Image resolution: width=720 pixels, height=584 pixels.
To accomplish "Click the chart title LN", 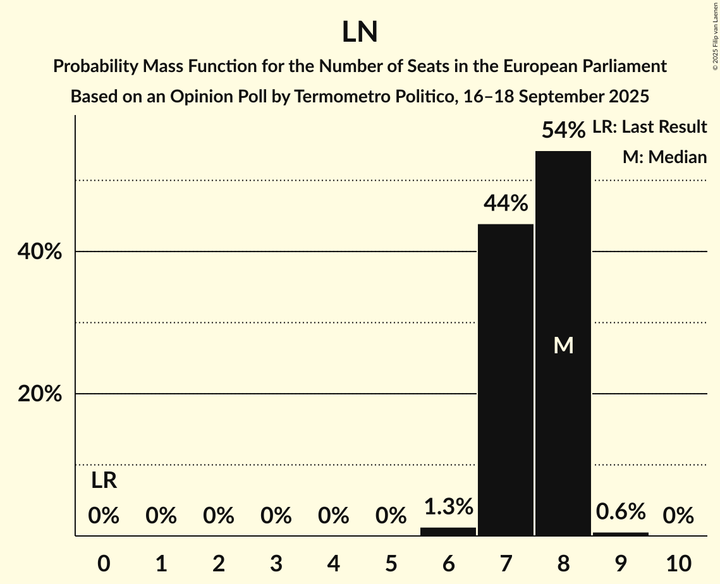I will point(360,32).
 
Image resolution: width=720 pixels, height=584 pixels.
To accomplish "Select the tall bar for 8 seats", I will point(563,265).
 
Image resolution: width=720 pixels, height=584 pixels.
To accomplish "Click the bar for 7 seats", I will point(505,379).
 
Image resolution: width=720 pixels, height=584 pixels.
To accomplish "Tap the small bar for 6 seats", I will point(448,532).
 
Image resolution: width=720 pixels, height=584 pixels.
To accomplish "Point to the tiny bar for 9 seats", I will point(620,534).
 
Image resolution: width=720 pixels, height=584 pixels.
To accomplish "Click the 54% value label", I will point(563,130).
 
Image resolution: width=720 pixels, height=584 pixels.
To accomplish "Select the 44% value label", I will point(505,204).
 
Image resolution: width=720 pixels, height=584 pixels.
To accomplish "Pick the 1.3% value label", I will point(448,507).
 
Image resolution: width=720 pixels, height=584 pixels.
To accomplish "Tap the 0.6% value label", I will point(620,511).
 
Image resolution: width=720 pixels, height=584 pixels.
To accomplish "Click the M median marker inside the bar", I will point(563,345).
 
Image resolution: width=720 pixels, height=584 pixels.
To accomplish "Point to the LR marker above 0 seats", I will point(104,481).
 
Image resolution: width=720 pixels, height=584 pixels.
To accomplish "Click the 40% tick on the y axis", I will point(39,252).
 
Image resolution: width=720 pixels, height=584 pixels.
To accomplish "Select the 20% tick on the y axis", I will point(39,394).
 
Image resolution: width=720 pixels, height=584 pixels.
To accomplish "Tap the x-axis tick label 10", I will point(678,563).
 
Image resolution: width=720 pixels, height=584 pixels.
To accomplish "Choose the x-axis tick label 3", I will point(276,563).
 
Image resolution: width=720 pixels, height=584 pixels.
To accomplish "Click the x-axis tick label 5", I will point(391,563).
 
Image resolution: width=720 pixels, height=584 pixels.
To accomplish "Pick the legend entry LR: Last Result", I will point(649,127).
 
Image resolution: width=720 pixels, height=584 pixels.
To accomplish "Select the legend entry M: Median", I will point(664,157).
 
